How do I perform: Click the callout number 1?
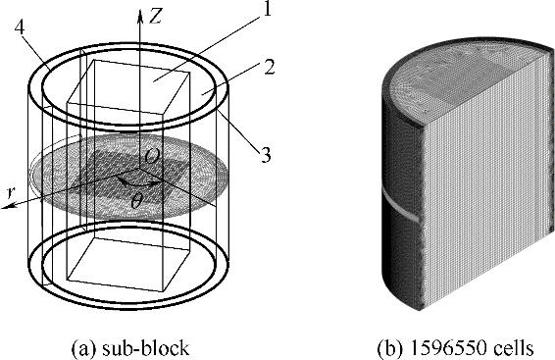(x=266, y=9)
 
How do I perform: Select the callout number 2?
(x=270, y=67)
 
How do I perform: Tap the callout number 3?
(x=266, y=155)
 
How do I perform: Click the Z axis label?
(x=155, y=17)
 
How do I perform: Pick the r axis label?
(x=12, y=193)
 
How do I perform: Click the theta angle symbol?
(x=136, y=201)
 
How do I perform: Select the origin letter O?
(x=152, y=156)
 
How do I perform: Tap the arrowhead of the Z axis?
(x=140, y=16)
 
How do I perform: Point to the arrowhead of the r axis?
(x=8, y=206)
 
